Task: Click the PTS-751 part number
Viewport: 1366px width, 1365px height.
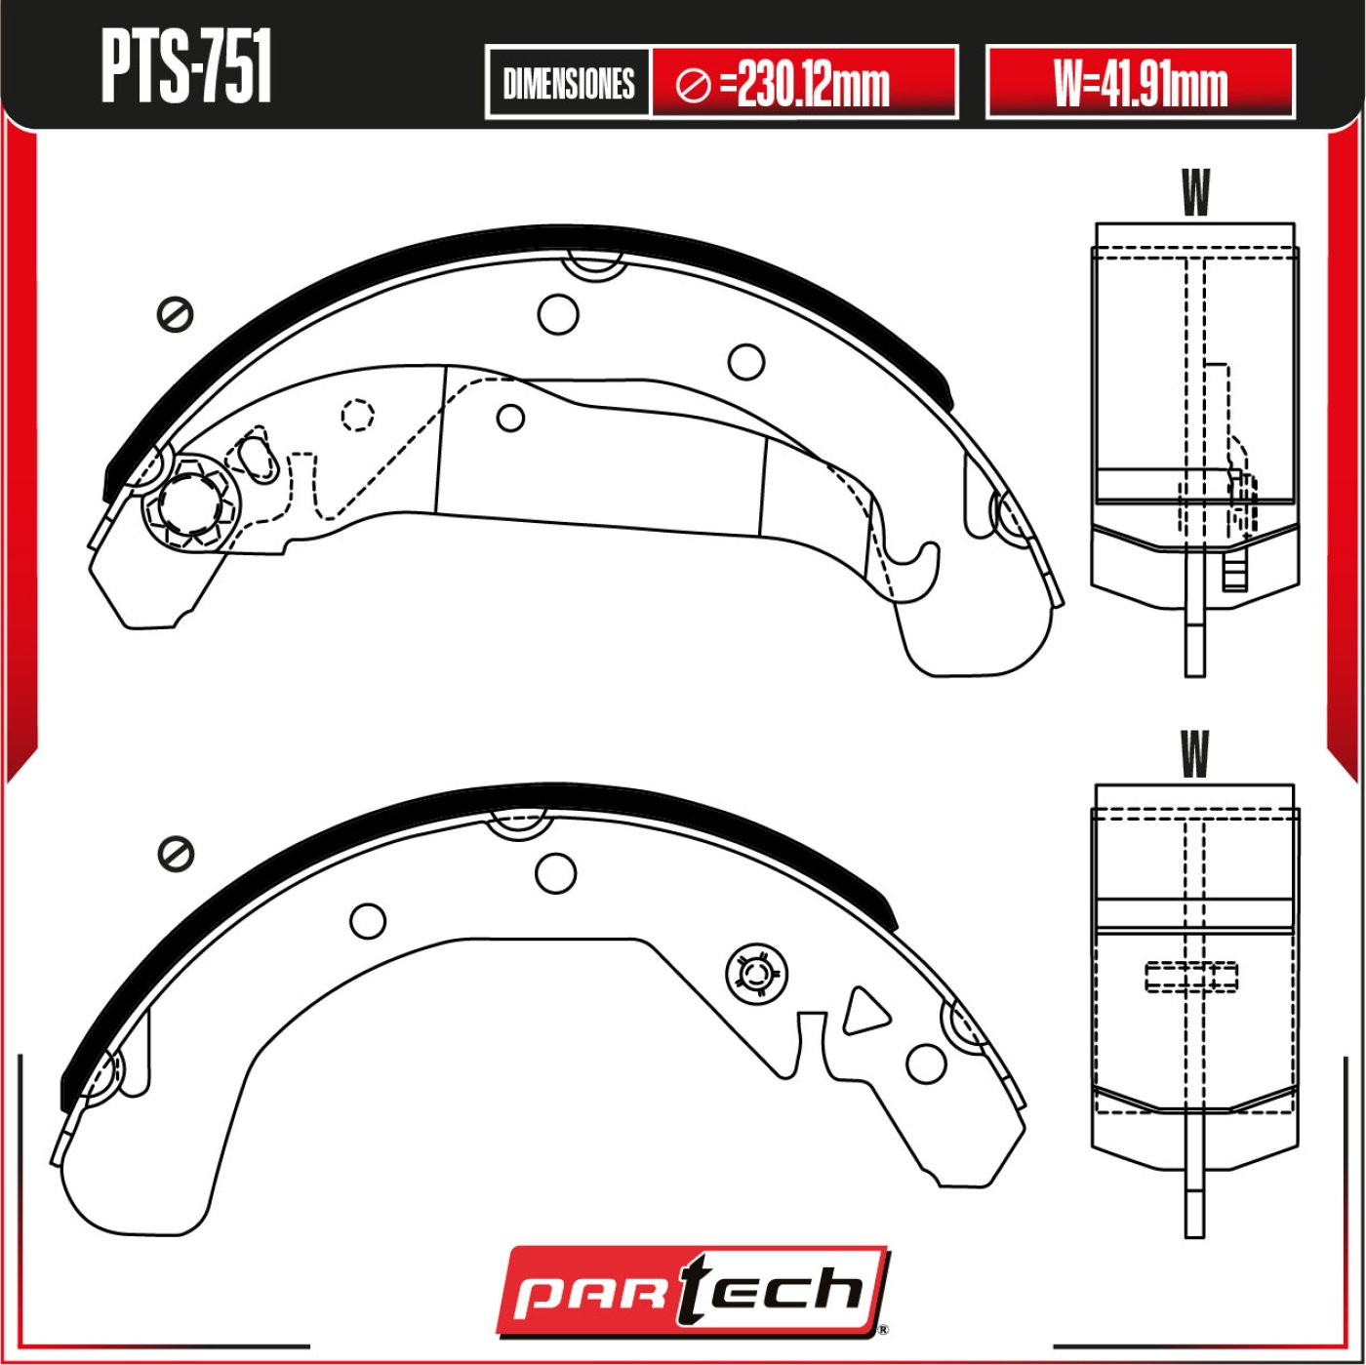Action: tap(186, 68)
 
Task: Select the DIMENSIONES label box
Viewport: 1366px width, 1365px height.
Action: tap(568, 83)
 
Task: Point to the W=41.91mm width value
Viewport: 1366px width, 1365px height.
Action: tap(1140, 83)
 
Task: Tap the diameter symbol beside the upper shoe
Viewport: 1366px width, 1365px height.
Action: tap(175, 314)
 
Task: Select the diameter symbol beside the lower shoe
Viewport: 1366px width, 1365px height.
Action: tap(176, 854)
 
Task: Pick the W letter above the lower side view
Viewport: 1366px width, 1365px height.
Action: tap(1194, 754)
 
